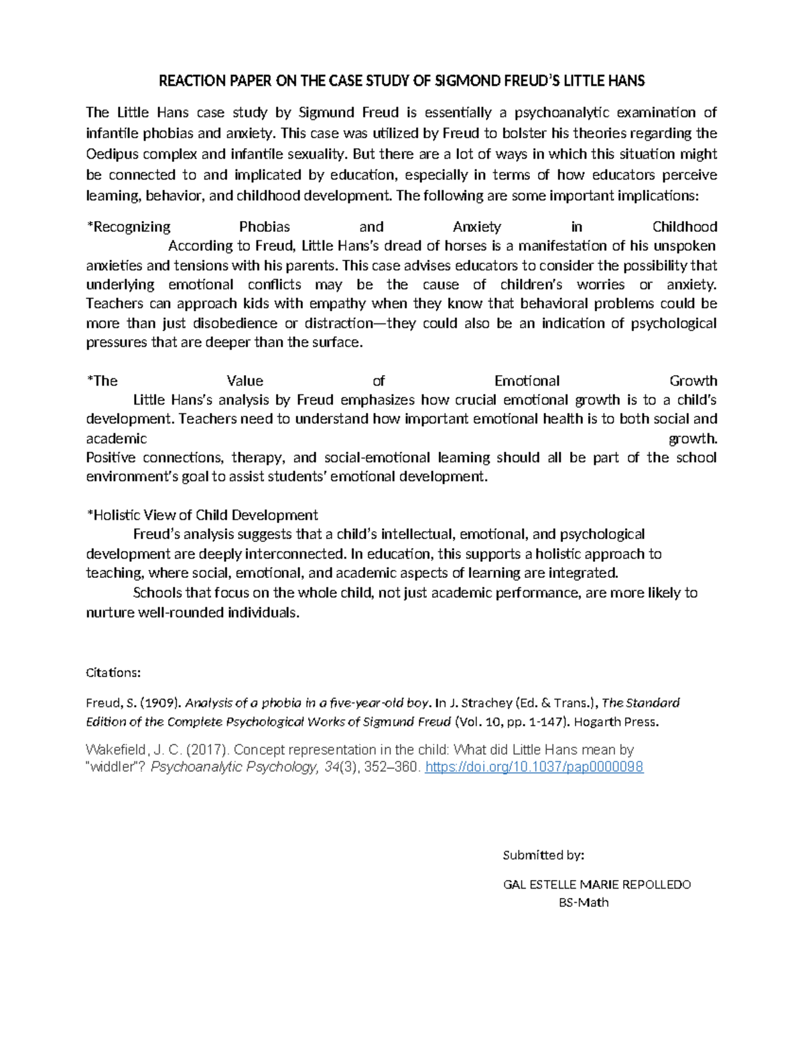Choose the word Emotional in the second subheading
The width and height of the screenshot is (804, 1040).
click(527, 381)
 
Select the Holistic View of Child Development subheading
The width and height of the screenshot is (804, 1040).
click(202, 515)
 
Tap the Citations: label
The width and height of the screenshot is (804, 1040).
click(113, 672)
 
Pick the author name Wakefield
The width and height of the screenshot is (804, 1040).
click(113, 749)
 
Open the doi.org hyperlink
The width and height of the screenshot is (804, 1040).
click(534, 767)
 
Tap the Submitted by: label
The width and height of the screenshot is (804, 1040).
click(543, 855)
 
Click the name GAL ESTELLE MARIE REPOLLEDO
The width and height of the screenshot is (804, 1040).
click(596, 885)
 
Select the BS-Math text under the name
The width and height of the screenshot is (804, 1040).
click(584, 903)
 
